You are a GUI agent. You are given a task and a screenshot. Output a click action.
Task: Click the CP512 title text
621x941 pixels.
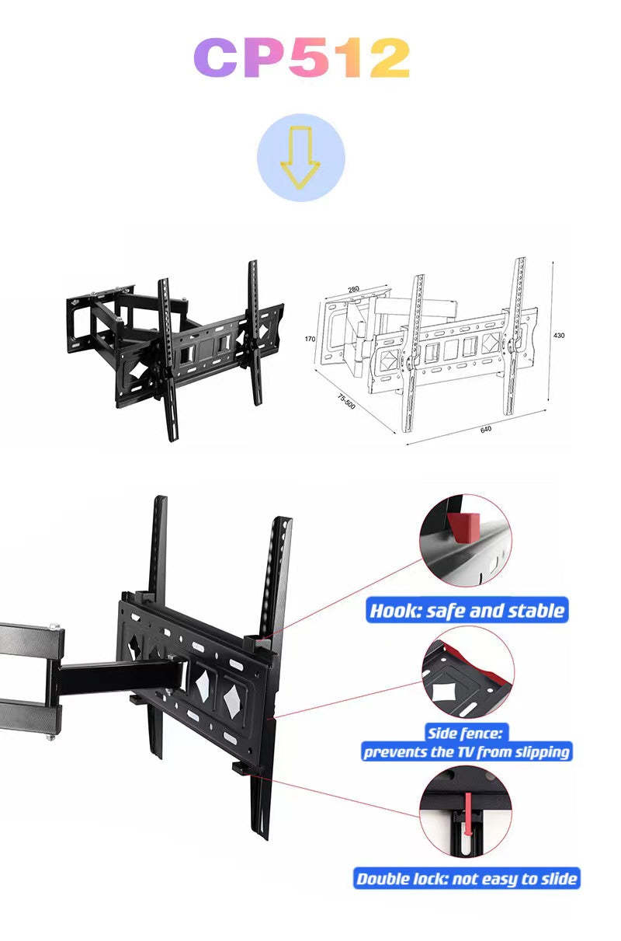tap(301, 58)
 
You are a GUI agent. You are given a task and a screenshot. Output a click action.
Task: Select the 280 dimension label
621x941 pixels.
tap(353, 289)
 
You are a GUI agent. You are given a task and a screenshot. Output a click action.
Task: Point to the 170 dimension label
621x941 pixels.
tap(310, 339)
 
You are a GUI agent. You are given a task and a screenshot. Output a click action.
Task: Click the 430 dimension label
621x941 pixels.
tap(559, 335)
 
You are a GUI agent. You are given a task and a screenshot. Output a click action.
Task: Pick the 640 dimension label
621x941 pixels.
tap(486, 429)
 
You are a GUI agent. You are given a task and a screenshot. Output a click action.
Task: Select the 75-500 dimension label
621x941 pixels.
tap(346, 402)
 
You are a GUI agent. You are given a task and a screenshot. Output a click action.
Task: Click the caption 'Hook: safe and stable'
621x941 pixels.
tap(467, 610)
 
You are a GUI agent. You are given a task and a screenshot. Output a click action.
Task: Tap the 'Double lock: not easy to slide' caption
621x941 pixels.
tap(467, 879)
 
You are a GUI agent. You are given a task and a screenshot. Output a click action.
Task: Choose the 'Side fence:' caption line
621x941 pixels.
tap(466, 733)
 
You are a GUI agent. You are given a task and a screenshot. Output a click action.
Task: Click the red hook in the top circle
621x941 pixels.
tap(463, 525)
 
